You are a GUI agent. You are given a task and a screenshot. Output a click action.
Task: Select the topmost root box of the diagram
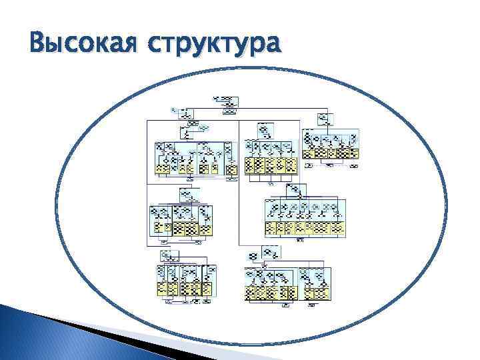(x=225, y=101)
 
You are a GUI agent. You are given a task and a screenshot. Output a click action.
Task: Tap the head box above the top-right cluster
(x=324, y=119)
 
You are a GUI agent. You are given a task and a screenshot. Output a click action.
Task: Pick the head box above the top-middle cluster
(x=265, y=129)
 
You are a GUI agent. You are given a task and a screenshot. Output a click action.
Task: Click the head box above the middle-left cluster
(x=189, y=195)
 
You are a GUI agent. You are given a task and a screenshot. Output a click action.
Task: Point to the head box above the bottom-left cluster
(x=167, y=255)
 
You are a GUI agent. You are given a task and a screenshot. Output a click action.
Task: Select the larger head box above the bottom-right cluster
(x=270, y=253)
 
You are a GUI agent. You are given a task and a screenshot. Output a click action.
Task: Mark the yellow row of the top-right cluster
(x=331, y=152)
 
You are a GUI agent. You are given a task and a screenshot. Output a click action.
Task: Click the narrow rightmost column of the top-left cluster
(x=231, y=159)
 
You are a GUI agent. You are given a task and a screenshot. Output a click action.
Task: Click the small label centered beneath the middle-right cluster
(x=300, y=239)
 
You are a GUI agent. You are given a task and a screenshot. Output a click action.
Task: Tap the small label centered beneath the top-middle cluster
(x=269, y=180)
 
